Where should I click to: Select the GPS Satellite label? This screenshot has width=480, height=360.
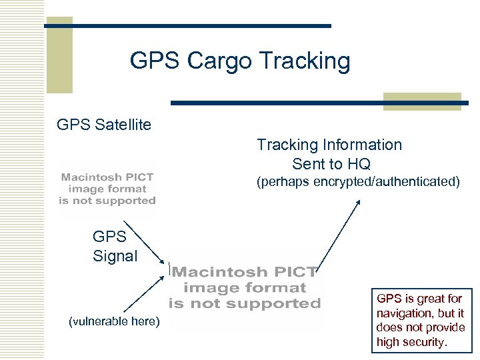click(104, 125)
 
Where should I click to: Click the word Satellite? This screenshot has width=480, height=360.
click(123, 125)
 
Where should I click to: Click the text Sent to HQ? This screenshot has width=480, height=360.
click(331, 164)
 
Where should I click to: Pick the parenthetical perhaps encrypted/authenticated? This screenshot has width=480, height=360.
click(358, 181)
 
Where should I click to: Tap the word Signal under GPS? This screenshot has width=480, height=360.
click(115, 256)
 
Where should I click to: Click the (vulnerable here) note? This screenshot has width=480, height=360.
click(115, 322)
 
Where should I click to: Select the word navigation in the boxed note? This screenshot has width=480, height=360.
click(404, 313)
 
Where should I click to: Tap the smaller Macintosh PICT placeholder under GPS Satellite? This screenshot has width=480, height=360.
click(107, 189)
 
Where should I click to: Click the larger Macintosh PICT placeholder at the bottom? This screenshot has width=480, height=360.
click(244, 288)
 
